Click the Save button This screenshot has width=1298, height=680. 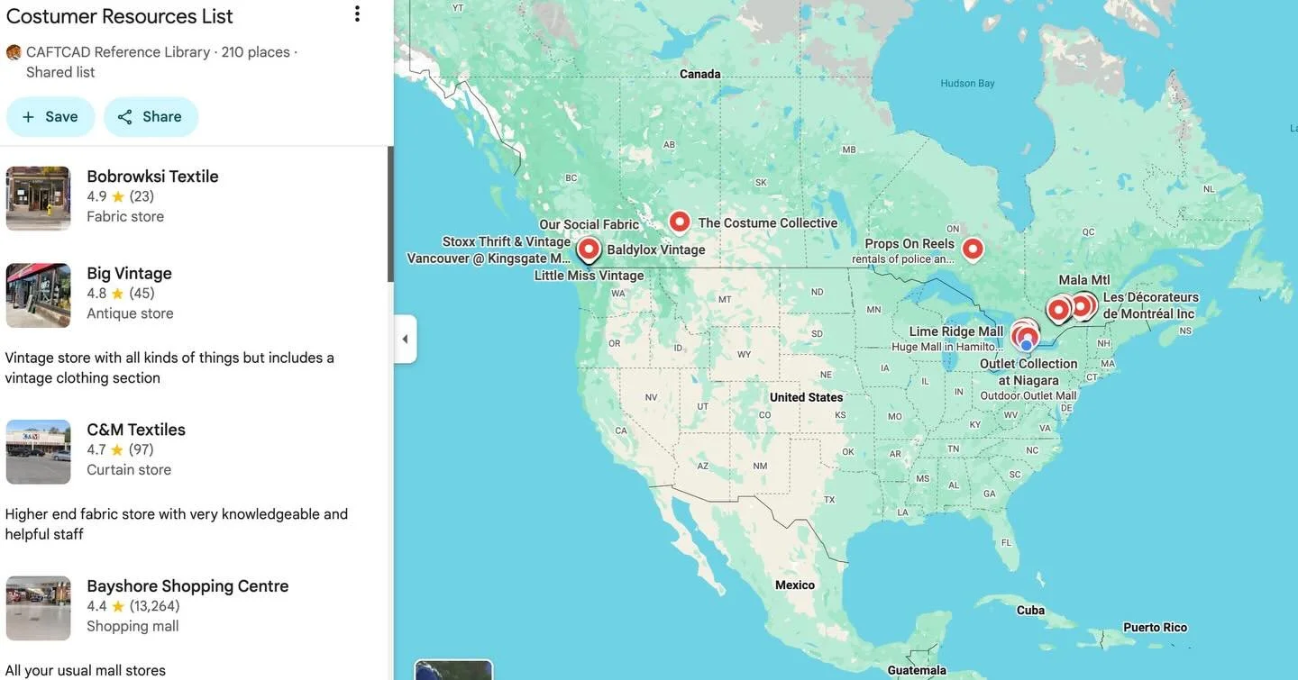(50, 117)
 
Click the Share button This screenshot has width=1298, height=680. (151, 117)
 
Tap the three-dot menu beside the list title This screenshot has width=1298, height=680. (357, 14)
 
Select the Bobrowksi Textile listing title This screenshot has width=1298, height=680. (152, 177)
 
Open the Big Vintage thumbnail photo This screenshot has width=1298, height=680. (38, 295)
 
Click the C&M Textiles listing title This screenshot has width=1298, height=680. (136, 430)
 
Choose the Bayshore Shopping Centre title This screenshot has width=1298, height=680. (187, 586)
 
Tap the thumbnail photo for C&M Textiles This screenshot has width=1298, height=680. (38, 452)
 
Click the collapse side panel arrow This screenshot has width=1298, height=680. (405, 339)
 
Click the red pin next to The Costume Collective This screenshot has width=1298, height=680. (680, 222)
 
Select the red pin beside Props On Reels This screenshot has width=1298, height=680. (973, 249)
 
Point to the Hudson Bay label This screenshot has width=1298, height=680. (967, 84)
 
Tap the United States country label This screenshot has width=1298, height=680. (806, 397)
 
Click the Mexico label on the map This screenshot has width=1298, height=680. (794, 585)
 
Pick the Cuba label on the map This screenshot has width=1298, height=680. (1030, 611)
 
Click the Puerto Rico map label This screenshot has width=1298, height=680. (1155, 628)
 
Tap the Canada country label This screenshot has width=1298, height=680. (699, 74)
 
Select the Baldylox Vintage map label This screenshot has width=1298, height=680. (655, 249)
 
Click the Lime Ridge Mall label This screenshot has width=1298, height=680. (955, 331)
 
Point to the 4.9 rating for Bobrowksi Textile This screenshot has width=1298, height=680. (96, 196)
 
